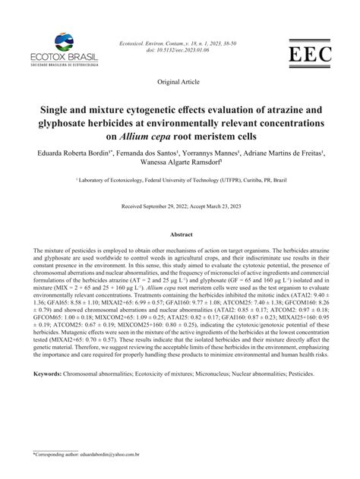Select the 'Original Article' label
coord(179,80)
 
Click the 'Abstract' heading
coord(180,236)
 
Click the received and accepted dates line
coord(180,206)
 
